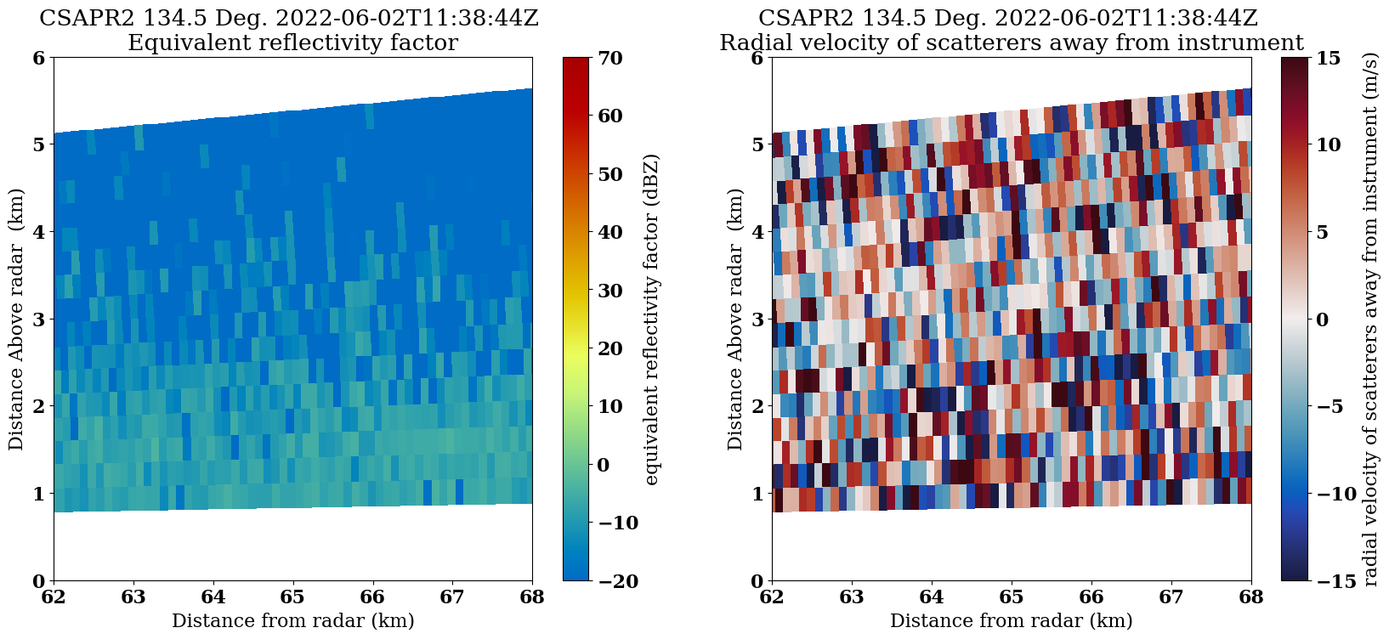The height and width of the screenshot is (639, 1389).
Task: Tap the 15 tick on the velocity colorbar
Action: click(1329, 58)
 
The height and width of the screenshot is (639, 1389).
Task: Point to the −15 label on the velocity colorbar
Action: click(1333, 581)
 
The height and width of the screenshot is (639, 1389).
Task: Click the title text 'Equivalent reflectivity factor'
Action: click(292, 42)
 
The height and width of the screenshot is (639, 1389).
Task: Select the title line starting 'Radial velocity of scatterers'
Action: click(1012, 42)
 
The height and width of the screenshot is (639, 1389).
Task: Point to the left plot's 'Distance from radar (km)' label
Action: click(292, 621)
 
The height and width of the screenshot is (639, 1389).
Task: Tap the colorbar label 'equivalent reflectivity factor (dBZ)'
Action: click(652, 319)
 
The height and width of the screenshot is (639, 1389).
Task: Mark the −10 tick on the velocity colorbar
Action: click(1333, 494)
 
